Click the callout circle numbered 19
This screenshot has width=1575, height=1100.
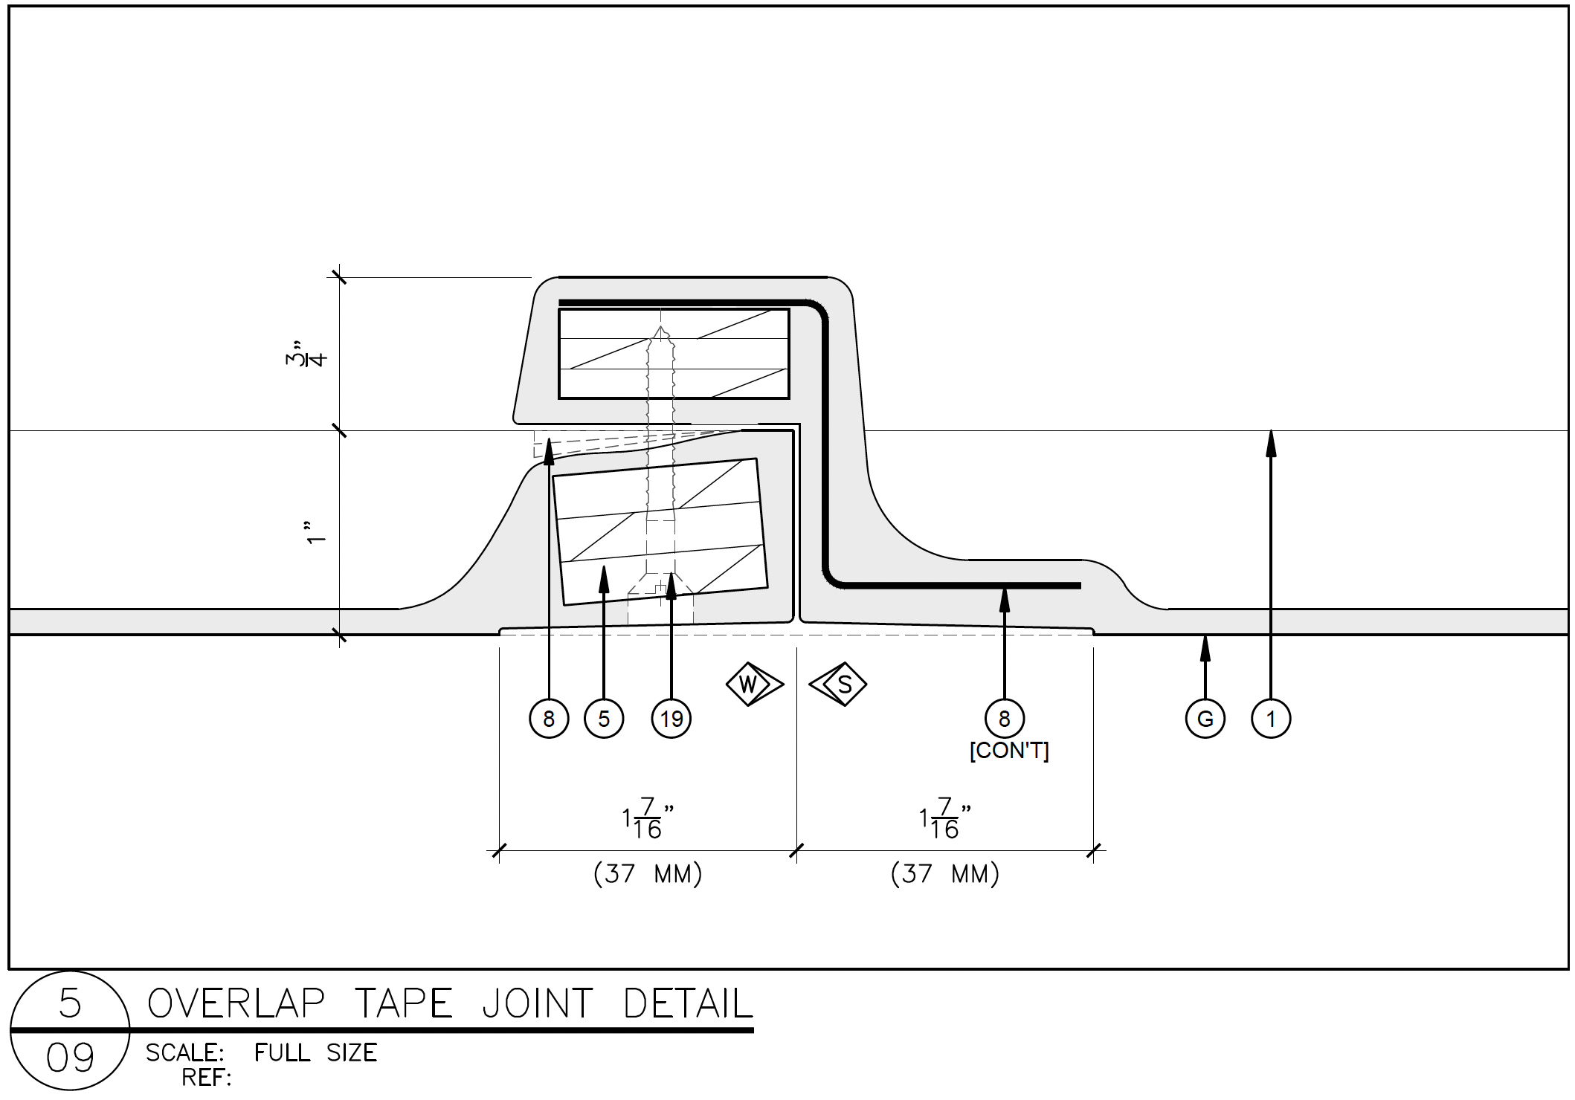671,719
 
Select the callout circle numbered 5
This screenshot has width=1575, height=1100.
603,719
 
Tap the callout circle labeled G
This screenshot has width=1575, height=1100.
1205,719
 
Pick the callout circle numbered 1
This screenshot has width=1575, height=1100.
1271,719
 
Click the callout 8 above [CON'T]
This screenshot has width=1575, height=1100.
1004,719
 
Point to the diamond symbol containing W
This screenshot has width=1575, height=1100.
753,684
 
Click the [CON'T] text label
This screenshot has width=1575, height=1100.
1009,751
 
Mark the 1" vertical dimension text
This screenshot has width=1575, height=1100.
317,533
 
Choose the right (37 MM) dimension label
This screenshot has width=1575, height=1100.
944,874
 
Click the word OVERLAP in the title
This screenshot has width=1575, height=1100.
236,1003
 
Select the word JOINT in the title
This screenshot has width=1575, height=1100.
538,1003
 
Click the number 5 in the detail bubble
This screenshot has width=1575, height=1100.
70,1003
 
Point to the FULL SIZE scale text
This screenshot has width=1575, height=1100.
315,1052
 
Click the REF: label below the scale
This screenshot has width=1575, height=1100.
207,1077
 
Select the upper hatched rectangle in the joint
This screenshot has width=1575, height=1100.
674,354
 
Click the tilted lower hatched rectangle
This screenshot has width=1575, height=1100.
660,531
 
